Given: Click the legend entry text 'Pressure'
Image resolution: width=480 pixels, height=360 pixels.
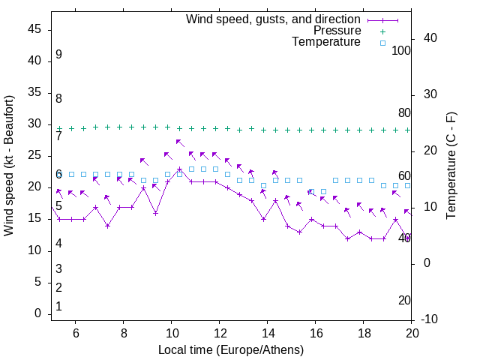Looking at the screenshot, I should point(337,31).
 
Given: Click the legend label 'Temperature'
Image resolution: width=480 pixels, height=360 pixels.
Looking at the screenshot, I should point(326,42).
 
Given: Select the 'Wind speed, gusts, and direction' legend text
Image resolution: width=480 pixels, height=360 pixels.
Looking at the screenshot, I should point(274,19).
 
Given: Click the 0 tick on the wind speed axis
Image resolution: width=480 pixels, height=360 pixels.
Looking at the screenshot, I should point(38,313).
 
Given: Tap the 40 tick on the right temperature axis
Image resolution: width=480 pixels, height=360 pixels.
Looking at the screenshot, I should point(430,38).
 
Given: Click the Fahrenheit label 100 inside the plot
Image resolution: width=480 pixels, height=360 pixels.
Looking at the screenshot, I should point(401,51).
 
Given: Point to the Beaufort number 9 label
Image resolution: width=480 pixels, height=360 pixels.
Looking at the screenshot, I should point(58,55).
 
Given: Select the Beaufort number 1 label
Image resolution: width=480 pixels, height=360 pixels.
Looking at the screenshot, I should point(58,307).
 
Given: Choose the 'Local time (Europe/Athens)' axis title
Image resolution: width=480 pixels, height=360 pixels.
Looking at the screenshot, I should point(231,350).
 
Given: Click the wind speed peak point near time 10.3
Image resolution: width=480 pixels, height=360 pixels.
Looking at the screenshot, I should point(179,169).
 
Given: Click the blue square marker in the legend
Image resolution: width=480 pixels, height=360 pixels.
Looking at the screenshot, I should point(382,43).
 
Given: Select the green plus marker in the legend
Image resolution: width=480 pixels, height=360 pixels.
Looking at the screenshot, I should point(382,31).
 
